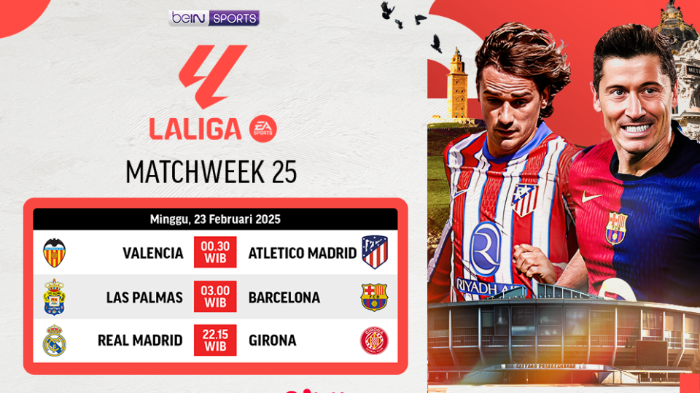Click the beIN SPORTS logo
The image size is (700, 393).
pos(214,17)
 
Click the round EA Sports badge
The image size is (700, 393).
pos(263,129)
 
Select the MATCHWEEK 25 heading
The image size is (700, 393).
pos(211,172)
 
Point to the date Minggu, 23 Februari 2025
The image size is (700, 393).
pos(215,219)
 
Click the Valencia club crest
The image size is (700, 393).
pos(55,252)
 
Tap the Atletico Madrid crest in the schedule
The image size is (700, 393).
pos(375,252)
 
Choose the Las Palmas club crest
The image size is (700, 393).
pos(55,297)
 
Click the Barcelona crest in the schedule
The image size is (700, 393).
pos(375,297)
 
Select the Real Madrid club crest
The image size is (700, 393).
pos(55,341)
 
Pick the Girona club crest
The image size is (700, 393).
pos(375,341)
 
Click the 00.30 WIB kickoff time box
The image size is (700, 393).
pos(215,252)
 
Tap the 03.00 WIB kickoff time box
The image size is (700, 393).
pos(215,297)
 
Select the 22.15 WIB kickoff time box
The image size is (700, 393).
pos(215,341)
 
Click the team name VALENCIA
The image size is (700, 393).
pos(153,253)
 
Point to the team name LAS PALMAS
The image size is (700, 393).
pos(144,297)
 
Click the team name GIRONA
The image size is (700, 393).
pos(272,341)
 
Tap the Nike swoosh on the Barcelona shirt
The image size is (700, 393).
pos(592,197)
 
